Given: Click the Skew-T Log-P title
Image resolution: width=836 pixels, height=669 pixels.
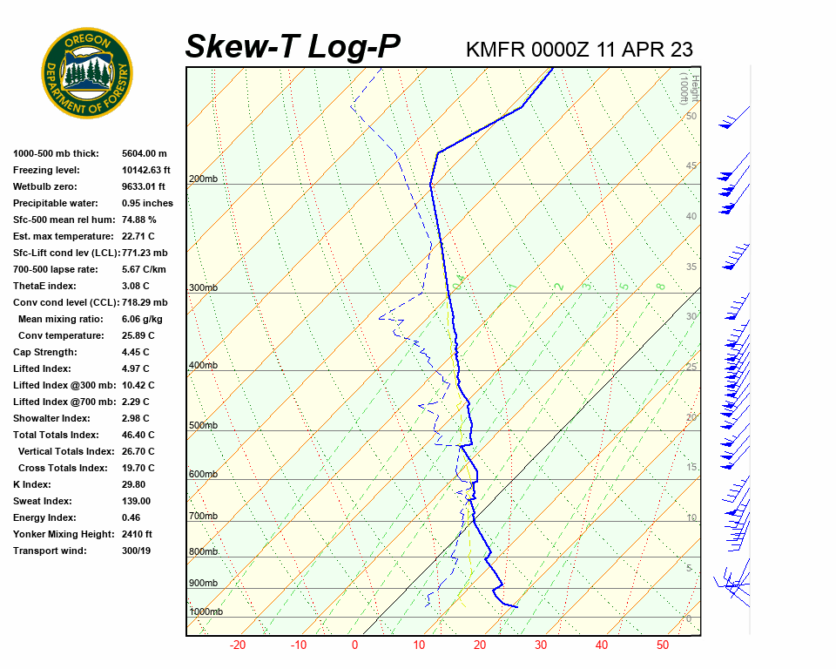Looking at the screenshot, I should [293, 46].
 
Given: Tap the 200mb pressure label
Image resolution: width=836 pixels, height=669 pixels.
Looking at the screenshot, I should [203, 179].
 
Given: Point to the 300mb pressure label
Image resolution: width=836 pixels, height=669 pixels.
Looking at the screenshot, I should [203, 287].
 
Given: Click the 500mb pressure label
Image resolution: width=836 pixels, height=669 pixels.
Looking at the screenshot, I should [203, 425].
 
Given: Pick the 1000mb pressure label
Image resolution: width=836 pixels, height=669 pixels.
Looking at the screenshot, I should [206, 612].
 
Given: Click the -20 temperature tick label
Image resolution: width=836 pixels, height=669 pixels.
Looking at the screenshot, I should [237, 645].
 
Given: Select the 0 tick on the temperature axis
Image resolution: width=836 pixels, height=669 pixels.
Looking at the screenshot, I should [354, 645].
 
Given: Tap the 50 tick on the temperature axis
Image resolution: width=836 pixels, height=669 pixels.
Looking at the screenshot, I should [663, 645].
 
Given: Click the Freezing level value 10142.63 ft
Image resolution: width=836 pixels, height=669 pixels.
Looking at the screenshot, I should [146, 170].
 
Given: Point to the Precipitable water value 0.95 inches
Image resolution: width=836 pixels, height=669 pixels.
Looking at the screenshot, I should [149, 203].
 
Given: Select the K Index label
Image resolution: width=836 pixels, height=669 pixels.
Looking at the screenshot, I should [32, 484].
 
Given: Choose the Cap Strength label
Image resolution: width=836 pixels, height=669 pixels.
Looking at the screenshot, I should [45, 352].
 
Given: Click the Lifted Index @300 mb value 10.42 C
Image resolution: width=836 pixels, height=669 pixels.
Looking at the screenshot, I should [138, 385].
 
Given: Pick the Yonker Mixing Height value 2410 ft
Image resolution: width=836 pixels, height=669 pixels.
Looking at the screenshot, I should [137, 534].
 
